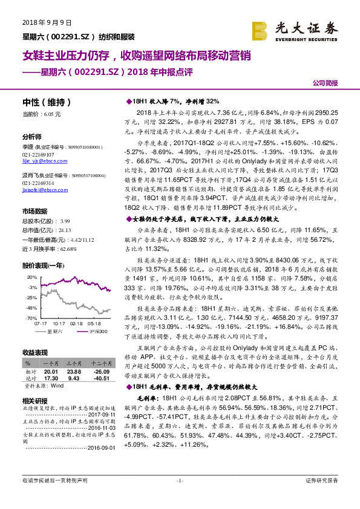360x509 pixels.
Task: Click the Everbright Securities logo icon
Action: point(261,30)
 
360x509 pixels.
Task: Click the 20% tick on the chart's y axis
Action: point(31,276)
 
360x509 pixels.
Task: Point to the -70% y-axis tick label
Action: point(30,317)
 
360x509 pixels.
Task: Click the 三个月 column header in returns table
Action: point(73,363)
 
